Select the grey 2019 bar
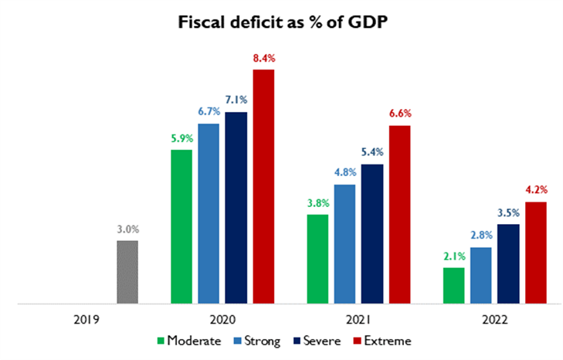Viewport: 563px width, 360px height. click(x=127, y=272)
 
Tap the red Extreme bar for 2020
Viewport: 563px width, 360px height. click(x=263, y=187)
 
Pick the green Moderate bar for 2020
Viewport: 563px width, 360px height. click(x=181, y=227)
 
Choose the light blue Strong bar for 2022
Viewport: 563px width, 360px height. click(x=481, y=276)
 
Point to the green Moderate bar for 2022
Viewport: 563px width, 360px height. click(x=453, y=286)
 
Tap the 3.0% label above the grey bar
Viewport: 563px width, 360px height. click(x=127, y=229)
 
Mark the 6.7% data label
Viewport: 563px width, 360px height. click(x=208, y=111)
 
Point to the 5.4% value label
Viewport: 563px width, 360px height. click(x=372, y=151)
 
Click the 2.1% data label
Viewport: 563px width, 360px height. click(x=453, y=255)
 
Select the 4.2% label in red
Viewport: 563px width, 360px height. click(x=536, y=189)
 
